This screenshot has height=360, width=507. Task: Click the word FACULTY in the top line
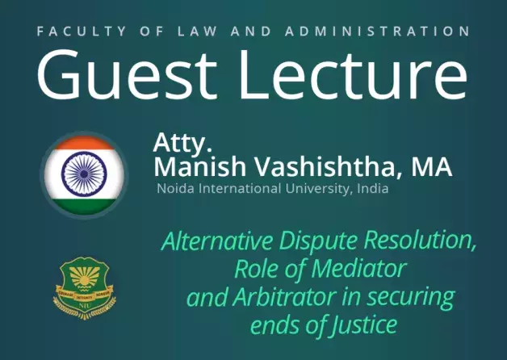(x=82, y=31)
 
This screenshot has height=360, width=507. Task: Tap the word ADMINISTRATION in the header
(x=377, y=31)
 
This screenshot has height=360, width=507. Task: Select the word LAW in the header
(x=197, y=31)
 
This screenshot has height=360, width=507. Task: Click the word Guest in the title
(x=127, y=75)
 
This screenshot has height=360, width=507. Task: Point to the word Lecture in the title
(x=353, y=75)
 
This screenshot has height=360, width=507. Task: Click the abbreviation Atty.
(x=182, y=143)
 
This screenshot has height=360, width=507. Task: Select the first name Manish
(x=200, y=166)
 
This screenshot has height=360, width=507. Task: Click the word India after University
(x=372, y=188)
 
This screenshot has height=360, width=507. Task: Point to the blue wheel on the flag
(x=84, y=174)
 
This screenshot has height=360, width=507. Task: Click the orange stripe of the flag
(x=85, y=143)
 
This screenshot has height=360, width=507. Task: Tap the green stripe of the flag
(x=85, y=207)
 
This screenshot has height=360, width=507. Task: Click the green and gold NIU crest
(x=85, y=288)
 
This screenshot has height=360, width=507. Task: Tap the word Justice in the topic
(x=364, y=324)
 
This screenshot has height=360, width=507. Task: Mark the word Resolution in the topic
(x=420, y=241)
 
